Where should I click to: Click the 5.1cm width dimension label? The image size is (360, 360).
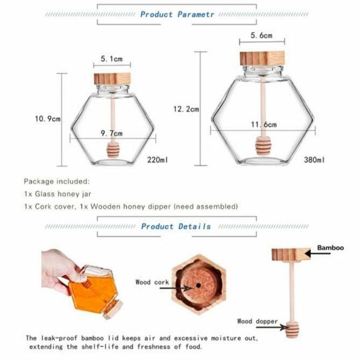(112, 58)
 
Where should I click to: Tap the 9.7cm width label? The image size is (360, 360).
(112, 133)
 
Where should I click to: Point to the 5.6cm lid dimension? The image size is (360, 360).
(262, 36)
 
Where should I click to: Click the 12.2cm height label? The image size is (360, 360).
(186, 109)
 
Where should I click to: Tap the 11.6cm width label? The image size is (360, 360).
(263, 125)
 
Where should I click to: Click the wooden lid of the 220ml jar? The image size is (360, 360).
(112, 78)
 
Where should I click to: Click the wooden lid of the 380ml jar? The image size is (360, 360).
(262, 58)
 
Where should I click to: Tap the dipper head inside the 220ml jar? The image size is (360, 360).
(113, 149)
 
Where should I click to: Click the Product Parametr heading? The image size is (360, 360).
(177, 14)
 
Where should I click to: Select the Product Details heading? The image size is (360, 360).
(176, 227)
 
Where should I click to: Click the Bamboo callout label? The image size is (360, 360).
(330, 248)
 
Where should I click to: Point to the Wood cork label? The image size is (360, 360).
(152, 282)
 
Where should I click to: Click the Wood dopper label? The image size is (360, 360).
(257, 321)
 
